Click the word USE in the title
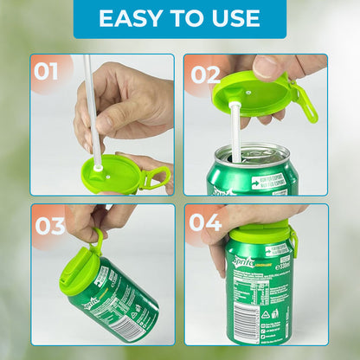point(232,18)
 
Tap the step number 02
point(206,74)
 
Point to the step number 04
point(206,223)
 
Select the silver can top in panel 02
point(251,155)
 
